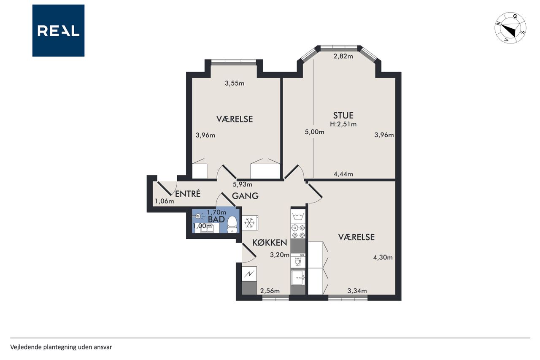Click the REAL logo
tap(58, 31)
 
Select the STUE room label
tap(343, 116)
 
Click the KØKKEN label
tap(270, 243)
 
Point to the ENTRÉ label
tap(188, 194)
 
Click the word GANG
tap(245, 196)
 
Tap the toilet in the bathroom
tap(232, 225)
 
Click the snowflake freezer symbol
tap(249, 223)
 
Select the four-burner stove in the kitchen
tap(298, 231)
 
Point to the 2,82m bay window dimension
tap(343, 57)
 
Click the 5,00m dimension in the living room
tap(314, 132)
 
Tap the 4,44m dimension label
tap(343, 174)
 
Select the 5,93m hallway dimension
tap(242, 184)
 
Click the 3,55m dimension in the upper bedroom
tap(235, 84)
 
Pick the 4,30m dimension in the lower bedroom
tap(383, 257)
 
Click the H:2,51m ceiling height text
tap(343, 124)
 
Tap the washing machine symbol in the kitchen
tap(298, 216)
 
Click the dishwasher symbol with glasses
tap(298, 261)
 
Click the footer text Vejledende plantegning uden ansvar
tap(61, 347)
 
